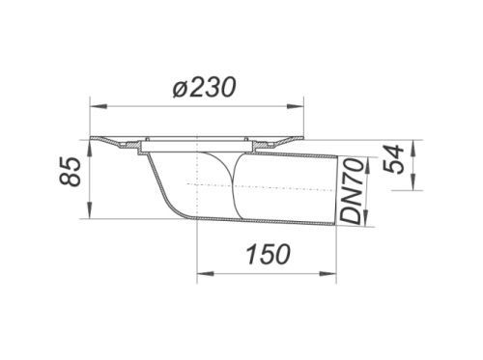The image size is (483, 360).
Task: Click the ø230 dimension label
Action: [204, 87]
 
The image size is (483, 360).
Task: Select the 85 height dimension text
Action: [70, 172]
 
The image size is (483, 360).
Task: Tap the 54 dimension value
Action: [393, 159]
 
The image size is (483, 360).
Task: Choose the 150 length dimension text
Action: [269, 254]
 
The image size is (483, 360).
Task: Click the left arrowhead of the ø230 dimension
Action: [99, 106]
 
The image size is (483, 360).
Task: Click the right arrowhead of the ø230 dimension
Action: [295, 106]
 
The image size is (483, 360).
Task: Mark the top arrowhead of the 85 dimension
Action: [90, 149]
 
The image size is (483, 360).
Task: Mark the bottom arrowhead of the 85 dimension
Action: [90, 210]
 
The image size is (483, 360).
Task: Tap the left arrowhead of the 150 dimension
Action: [205, 274]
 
